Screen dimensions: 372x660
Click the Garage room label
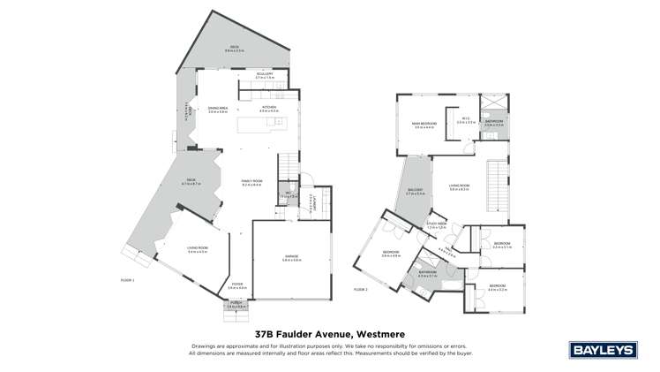[x=292, y=259]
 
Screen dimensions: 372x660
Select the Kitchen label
[x=268, y=109]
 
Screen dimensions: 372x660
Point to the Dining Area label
[x=218, y=110]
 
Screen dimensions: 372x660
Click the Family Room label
[x=252, y=183]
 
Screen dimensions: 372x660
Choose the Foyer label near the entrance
[x=236, y=285]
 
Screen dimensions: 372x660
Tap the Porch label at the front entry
[x=235, y=304]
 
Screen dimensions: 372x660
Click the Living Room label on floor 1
[x=197, y=250]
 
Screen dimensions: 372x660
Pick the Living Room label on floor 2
[x=459, y=186]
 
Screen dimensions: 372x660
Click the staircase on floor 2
[x=499, y=186]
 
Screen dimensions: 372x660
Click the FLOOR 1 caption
[x=128, y=279]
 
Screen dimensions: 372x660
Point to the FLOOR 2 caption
[x=361, y=289]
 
